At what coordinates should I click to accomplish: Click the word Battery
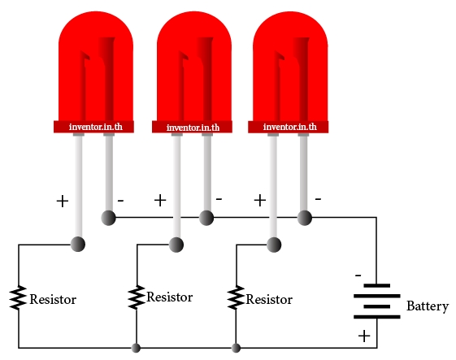point(428,306)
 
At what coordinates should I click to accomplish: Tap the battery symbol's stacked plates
point(377,301)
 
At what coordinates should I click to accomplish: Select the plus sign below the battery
point(364,336)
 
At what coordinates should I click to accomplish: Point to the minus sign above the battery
point(358,275)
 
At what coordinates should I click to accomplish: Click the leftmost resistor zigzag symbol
point(18,297)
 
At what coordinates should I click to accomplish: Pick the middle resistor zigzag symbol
point(137,297)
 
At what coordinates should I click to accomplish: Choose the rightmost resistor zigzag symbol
point(236,297)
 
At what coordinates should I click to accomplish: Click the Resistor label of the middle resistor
point(170,297)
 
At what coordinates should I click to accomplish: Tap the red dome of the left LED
point(96,67)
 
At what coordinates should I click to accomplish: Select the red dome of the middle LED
point(194,67)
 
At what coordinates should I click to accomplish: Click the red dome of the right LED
point(290,67)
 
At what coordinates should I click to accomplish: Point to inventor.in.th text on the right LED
point(290,127)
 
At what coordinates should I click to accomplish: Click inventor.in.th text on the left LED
point(96,127)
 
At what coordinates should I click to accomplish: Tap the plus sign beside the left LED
point(63,202)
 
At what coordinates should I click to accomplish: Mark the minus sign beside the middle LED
point(219,199)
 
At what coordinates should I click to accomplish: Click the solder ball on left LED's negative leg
point(108,218)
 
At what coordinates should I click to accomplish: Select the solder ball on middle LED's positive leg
point(176,245)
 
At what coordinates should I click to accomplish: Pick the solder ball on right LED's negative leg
point(305,218)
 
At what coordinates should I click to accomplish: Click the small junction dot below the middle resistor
point(136,348)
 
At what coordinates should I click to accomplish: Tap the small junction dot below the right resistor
point(236,348)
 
